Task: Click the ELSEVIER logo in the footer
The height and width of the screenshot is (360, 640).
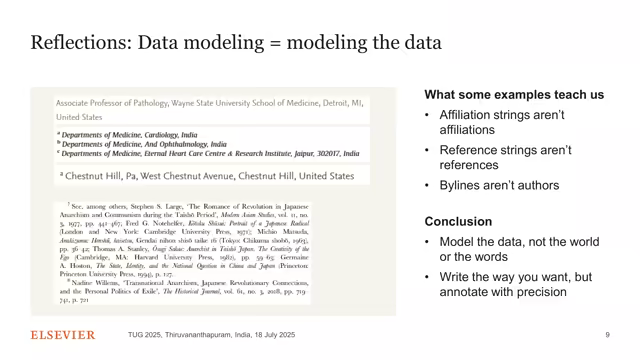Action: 63,334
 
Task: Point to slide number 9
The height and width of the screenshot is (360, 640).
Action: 607,334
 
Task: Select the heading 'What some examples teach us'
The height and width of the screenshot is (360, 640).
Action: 514,94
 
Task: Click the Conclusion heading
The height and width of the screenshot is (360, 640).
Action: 461,222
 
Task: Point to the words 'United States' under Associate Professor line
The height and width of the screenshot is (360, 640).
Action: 79,117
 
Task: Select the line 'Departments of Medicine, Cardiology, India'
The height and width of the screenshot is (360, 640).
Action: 129,134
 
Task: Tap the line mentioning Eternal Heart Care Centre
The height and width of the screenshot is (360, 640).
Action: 210,154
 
